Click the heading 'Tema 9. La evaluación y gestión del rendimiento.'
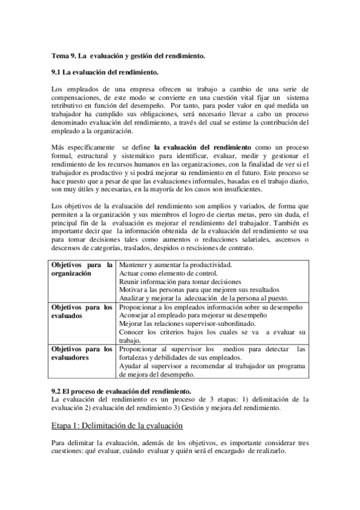(129, 55)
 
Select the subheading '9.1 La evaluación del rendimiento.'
(105, 72)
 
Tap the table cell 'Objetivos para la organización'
(82, 269)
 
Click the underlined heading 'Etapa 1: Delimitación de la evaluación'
(117, 426)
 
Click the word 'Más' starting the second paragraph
(58, 146)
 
